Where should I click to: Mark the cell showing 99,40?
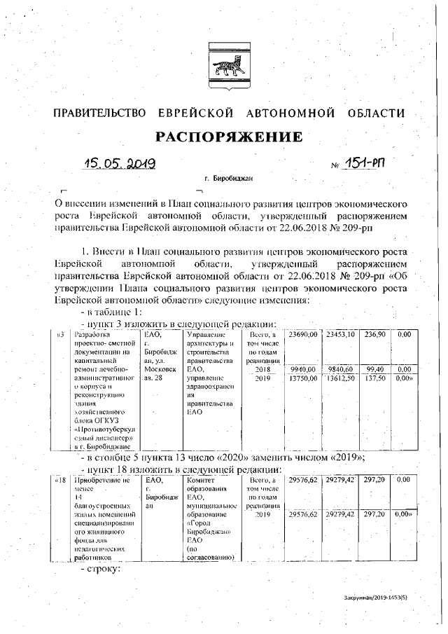click(375, 368)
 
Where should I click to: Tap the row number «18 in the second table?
click(61, 481)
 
